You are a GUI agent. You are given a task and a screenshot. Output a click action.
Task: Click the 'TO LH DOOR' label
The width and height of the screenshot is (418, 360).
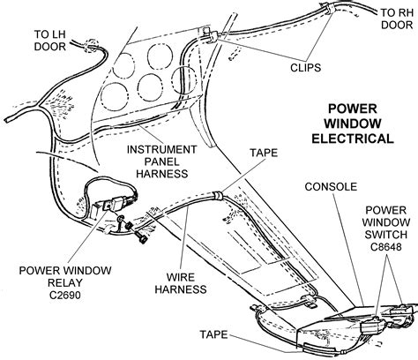(49, 41)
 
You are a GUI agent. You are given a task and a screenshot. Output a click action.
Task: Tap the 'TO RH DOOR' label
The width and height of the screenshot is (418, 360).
(397, 19)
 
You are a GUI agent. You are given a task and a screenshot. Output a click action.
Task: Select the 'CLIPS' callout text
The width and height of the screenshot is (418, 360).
(305, 68)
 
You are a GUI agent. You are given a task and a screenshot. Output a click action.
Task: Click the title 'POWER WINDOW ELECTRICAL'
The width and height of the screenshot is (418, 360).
(353, 124)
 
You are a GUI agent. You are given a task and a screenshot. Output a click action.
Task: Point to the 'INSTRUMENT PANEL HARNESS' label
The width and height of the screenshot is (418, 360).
(161, 161)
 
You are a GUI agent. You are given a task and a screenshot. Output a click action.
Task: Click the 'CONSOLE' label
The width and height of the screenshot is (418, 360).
(331, 187)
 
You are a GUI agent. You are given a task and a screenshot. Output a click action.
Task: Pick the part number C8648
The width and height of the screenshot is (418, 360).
(385, 246)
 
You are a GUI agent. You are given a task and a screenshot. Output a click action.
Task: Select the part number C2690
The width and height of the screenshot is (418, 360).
(65, 295)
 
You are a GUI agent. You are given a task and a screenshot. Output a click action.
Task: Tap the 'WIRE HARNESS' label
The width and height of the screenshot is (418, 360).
(181, 283)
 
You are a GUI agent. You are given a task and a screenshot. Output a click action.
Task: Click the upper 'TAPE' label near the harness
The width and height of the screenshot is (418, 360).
(264, 153)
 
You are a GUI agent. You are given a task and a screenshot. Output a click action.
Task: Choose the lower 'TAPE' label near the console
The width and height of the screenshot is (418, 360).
(213, 334)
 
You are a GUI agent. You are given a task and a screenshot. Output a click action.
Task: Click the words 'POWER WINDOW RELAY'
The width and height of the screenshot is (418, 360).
(65, 276)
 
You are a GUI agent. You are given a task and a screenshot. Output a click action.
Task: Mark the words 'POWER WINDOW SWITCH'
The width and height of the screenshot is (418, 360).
(385, 222)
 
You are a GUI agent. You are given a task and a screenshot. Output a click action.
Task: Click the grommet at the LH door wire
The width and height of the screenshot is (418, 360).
(91, 46)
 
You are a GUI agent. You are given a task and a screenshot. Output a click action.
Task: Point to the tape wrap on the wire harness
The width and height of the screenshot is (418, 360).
(218, 196)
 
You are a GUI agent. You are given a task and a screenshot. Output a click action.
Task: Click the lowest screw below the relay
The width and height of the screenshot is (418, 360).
(141, 237)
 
